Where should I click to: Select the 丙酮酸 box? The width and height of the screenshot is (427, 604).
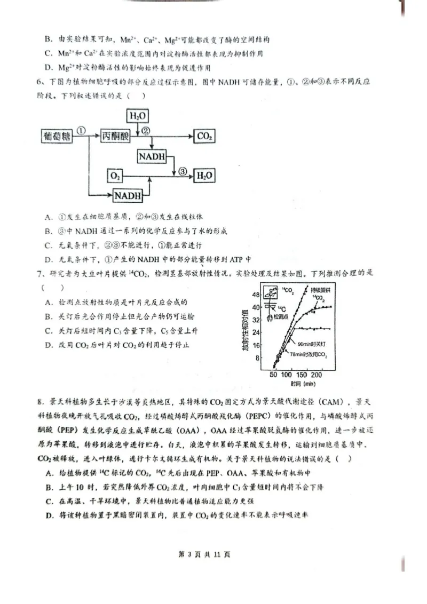coord(115,137)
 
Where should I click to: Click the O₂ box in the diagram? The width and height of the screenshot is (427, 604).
coord(115,176)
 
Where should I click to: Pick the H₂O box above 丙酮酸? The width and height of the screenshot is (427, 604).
coord(138,115)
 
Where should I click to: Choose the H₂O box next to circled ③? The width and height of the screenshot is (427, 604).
coord(205,176)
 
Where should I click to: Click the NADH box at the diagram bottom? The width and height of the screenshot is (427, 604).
coord(128,196)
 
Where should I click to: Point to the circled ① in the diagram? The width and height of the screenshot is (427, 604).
coord(82,131)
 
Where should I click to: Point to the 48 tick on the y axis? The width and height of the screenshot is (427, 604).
coord(256,295)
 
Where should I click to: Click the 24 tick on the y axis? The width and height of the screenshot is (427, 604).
coord(256,332)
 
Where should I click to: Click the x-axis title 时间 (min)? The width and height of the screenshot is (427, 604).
coord(303,384)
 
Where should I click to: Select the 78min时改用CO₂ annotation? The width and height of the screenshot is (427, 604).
coord(309,354)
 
